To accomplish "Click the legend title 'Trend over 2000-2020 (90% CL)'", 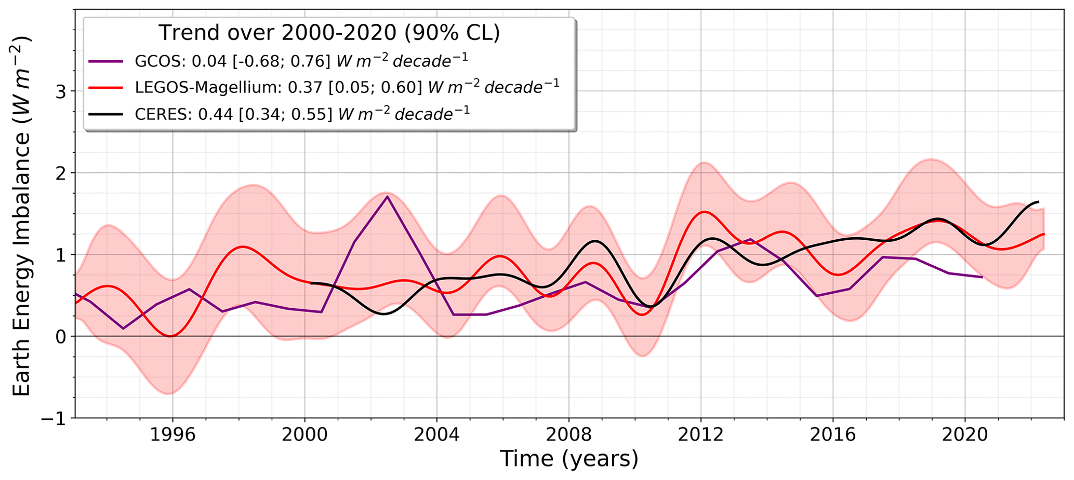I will [329, 33].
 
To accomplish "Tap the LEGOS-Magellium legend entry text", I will [347, 87].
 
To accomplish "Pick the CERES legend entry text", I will [302, 114].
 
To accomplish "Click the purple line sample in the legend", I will [105, 61].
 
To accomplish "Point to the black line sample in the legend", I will [105, 114].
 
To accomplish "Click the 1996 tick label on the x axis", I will [172, 435].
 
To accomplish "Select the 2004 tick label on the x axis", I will [436, 435].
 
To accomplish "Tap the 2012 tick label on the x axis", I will [701, 435].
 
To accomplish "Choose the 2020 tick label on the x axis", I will [965, 435].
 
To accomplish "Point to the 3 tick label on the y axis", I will [61, 91].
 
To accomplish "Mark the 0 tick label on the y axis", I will [61, 336].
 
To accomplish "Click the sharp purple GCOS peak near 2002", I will [387, 197].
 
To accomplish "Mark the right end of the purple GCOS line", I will [982, 277].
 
